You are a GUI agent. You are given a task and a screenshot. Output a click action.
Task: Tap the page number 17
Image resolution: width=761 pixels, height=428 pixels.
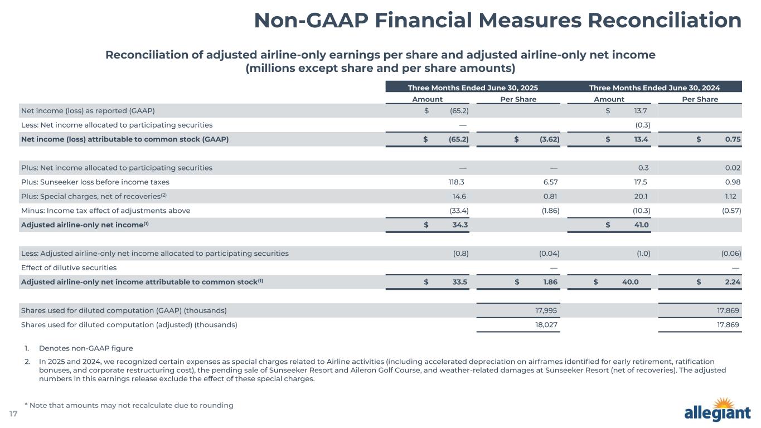tap(13, 414)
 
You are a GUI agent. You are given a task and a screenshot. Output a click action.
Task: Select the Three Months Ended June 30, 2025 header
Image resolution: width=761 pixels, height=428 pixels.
tap(473, 87)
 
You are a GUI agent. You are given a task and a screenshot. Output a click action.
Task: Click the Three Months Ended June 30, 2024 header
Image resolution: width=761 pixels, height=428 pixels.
tap(655, 87)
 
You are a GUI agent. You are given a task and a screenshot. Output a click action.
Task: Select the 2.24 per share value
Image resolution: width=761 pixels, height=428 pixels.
tap(732, 282)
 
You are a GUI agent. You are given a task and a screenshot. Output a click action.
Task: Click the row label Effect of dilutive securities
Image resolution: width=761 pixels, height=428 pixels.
tap(69, 267)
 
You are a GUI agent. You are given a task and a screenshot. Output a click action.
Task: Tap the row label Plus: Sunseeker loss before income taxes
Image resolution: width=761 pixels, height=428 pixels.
tap(95, 182)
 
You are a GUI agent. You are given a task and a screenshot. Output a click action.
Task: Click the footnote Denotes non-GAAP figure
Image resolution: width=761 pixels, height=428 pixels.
tap(86, 348)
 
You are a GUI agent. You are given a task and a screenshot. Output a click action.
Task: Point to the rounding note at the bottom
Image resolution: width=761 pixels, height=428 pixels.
tap(129, 405)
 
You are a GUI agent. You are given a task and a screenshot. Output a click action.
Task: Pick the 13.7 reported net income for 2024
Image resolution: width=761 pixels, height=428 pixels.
tap(643, 110)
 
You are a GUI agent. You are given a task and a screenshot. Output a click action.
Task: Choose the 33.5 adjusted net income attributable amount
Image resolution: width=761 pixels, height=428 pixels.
tap(460, 282)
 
